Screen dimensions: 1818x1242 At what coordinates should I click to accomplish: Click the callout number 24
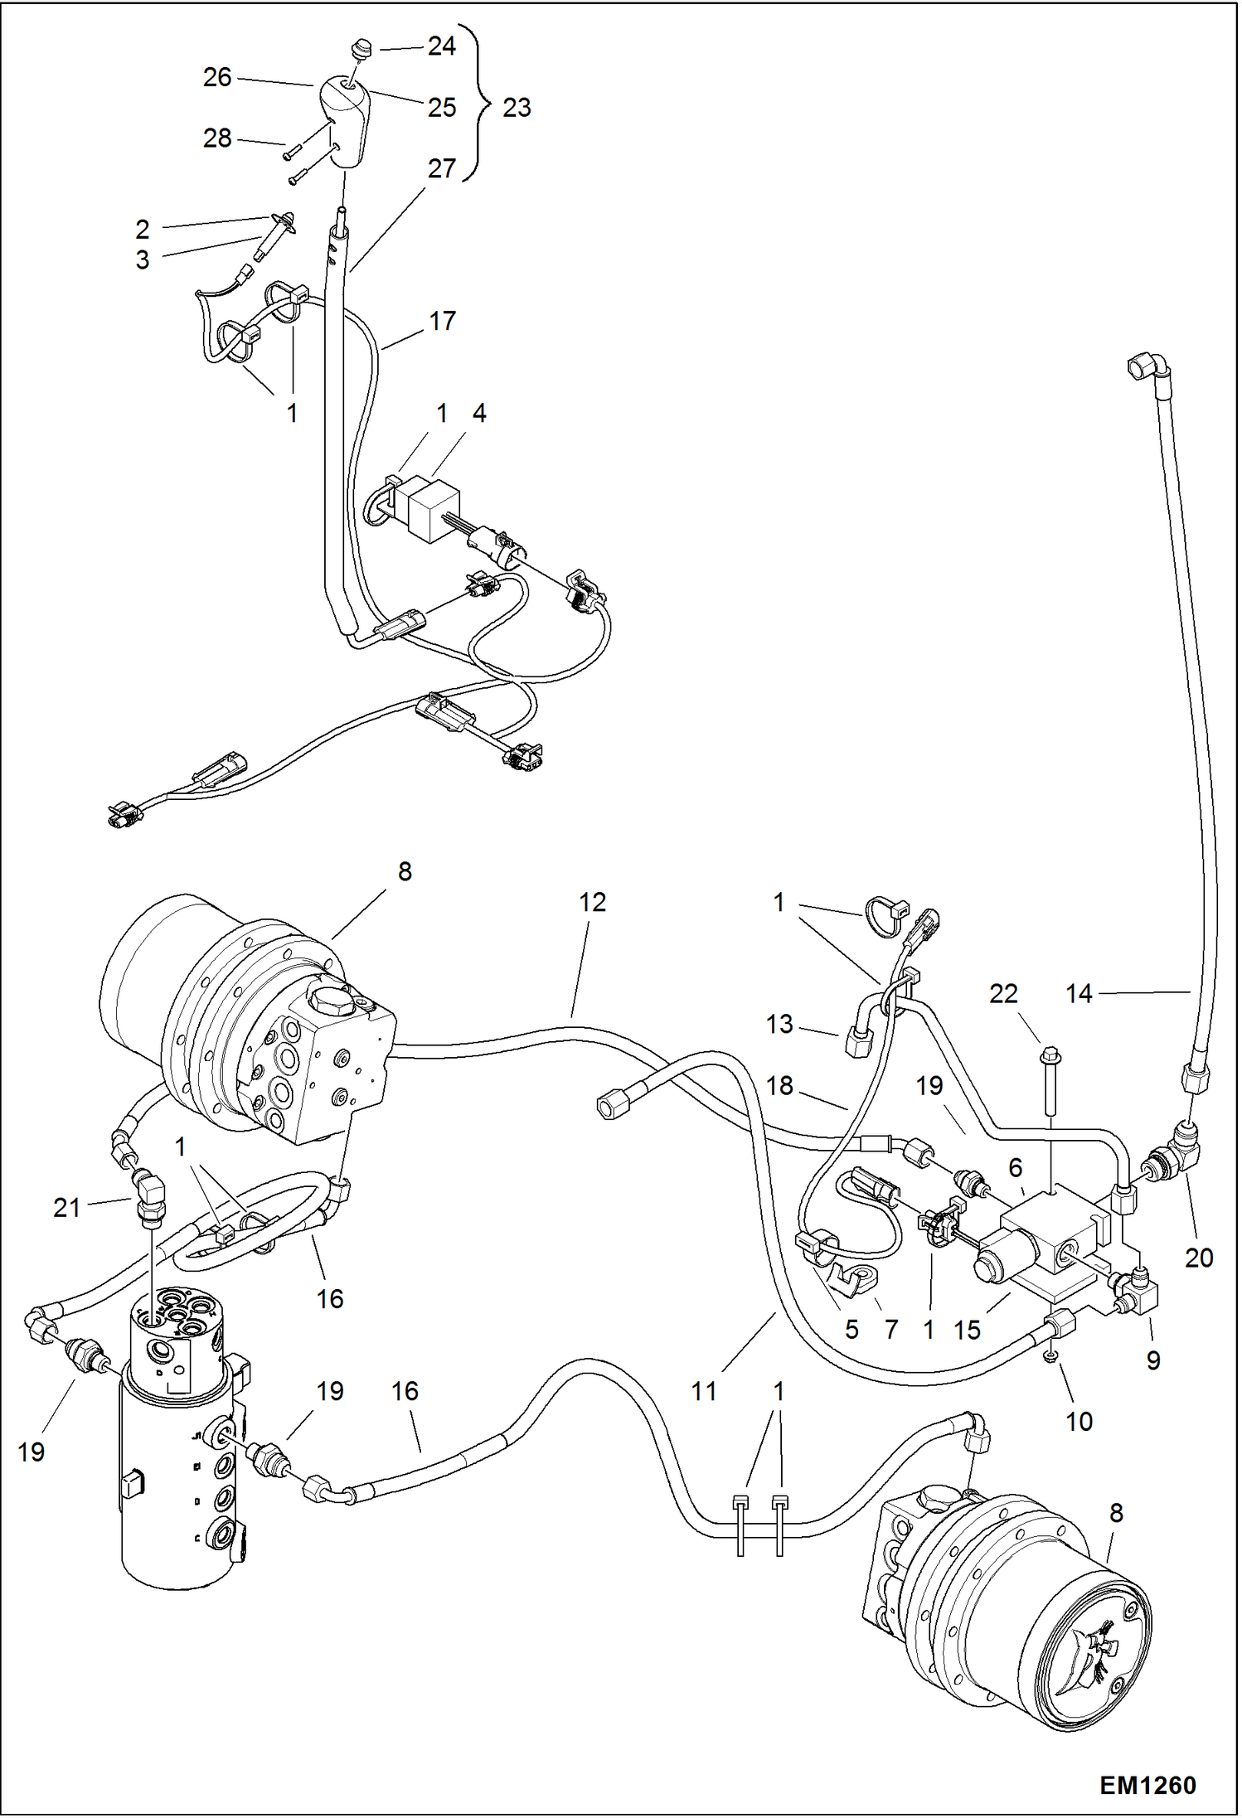point(442,46)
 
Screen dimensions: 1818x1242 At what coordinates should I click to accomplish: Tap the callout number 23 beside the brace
point(517,107)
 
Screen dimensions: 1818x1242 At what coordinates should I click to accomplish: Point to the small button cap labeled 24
point(361,49)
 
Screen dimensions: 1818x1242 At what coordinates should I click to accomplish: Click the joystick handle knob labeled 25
point(345,120)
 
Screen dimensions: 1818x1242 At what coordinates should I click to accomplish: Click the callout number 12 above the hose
point(592,902)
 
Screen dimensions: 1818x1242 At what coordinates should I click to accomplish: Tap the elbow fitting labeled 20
point(1182,1147)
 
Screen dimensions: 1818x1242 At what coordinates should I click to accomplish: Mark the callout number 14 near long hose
point(1079,993)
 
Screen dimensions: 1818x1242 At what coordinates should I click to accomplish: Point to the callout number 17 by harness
point(442,321)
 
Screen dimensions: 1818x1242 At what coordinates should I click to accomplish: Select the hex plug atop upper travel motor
point(331,1001)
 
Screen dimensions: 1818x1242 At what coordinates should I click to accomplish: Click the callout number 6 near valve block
point(1016,1167)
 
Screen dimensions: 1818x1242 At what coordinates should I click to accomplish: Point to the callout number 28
point(217,138)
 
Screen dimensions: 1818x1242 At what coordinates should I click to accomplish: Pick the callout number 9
point(1153,1360)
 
